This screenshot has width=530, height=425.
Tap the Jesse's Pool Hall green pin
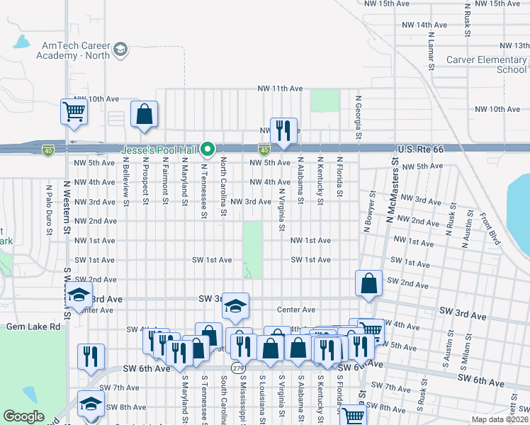tap(208, 149)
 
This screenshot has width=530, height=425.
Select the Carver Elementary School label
tap(487, 65)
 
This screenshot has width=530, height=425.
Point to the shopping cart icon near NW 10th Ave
tap(74, 111)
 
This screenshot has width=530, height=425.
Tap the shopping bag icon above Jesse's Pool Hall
tap(144, 114)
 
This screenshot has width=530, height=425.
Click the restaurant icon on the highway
tap(283, 130)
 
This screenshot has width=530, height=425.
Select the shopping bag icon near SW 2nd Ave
tap(369, 283)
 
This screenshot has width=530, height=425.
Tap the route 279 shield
tap(234, 367)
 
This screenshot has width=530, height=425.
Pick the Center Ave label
tap(296, 310)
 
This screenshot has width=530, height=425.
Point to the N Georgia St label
tap(359, 118)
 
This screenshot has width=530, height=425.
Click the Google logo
tap(24, 416)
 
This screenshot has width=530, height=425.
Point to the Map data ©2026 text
tap(499, 419)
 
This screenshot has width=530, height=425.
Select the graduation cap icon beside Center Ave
tap(236, 305)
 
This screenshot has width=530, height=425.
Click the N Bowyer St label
tap(369, 210)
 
